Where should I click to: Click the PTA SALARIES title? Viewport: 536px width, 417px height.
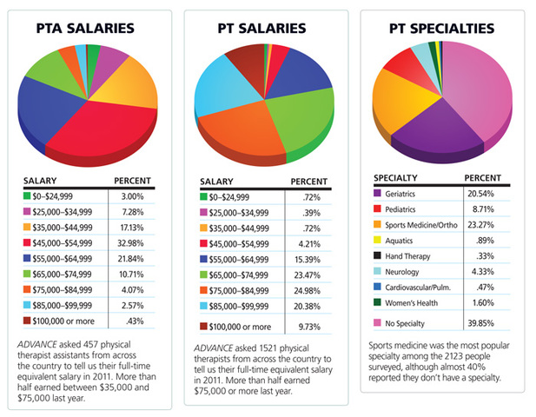pyautogui.click(x=90, y=29)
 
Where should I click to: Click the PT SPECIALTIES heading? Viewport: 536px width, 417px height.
pyautogui.click(x=443, y=29)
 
